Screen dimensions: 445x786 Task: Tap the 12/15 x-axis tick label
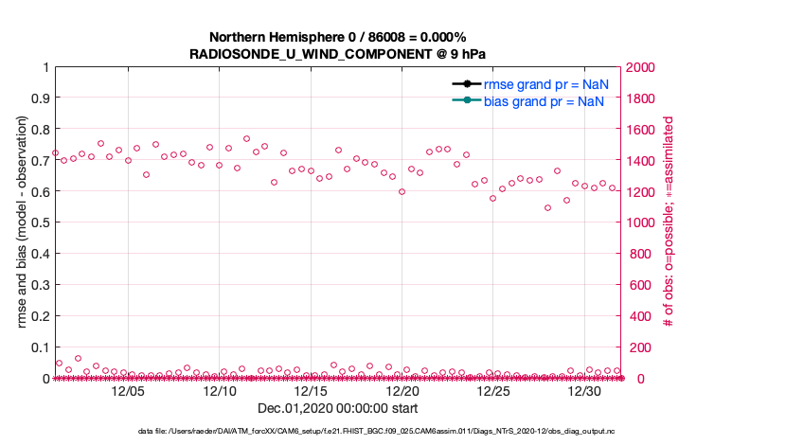tap(311, 391)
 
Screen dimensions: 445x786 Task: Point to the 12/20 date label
tap(402, 391)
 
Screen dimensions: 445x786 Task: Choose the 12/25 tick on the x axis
tap(493, 391)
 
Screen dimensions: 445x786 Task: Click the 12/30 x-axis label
tap(584, 391)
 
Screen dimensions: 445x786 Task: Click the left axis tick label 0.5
tap(40, 222)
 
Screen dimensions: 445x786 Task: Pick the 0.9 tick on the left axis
tap(40, 98)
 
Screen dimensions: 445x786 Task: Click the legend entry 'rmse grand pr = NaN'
tap(545, 84)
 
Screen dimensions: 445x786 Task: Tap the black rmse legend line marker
tap(468, 84)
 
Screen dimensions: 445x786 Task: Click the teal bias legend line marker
tap(468, 101)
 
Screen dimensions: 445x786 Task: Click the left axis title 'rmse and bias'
tap(22, 222)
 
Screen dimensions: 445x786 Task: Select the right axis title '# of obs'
tap(669, 222)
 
